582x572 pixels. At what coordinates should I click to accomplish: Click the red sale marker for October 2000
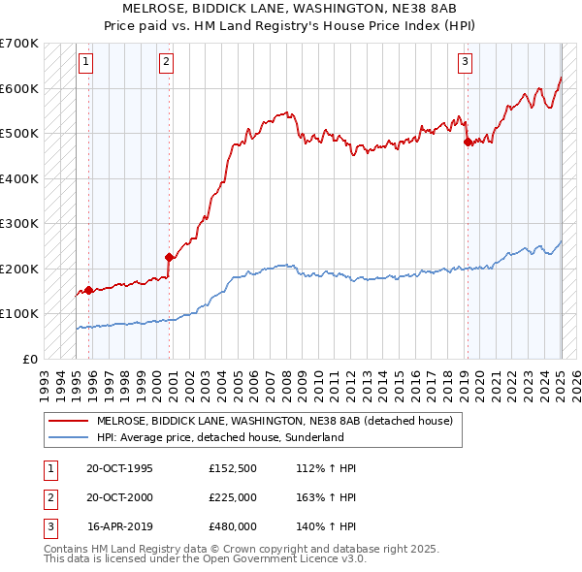[169, 258]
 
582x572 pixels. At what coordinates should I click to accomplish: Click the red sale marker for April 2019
[468, 142]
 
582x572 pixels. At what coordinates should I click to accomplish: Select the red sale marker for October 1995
[88, 290]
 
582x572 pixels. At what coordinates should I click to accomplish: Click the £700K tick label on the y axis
[19, 44]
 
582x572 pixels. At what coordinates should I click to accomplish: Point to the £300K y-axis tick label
[19, 224]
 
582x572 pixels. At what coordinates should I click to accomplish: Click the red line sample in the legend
[70, 422]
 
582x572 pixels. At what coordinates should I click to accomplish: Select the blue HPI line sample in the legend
[70, 437]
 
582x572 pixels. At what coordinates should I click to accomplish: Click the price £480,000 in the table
[233, 526]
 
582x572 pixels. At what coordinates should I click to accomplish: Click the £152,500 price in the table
[233, 468]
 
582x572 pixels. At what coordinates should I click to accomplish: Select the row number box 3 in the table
[48, 526]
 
